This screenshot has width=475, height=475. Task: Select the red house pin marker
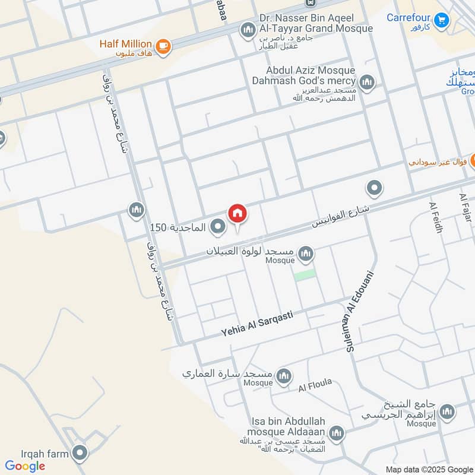237,213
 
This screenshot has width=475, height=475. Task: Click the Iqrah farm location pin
80,454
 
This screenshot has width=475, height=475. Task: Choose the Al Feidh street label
436,217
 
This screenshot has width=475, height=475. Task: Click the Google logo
25,465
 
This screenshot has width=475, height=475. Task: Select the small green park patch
305,275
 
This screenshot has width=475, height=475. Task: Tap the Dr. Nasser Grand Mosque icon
248,28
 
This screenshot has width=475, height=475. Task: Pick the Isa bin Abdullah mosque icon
337,432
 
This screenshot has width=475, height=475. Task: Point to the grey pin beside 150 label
218,226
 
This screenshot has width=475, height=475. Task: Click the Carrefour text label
408,17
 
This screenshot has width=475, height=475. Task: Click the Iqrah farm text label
36,454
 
